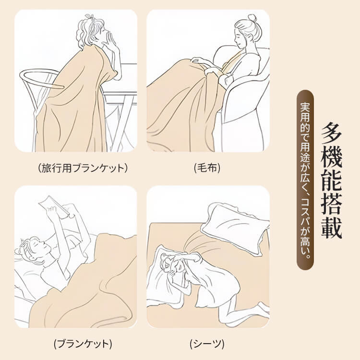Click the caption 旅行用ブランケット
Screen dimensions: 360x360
pyautogui.click(x=83, y=168)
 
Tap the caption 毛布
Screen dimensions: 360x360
pyautogui.click(x=207, y=168)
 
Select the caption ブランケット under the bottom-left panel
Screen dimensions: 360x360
pyautogui.click(x=83, y=344)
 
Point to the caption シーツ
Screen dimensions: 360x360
pyautogui.click(x=207, y=344)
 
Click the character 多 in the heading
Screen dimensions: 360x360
pyautogui.click(x=331, y=133)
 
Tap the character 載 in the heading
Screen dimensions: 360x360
pyautogui.click(x=331, y=228)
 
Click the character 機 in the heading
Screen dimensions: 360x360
pyautogui.click(x=331, y=156)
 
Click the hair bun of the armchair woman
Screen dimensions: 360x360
pyautogui.click(x=252, y=18)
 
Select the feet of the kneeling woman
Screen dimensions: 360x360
pyautogui.click(x=264, y=308)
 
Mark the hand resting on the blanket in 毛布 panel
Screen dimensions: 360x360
pyautogui.click(x=199, y=60)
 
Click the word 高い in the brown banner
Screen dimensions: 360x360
pyautogui.click(x=305, y=250)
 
